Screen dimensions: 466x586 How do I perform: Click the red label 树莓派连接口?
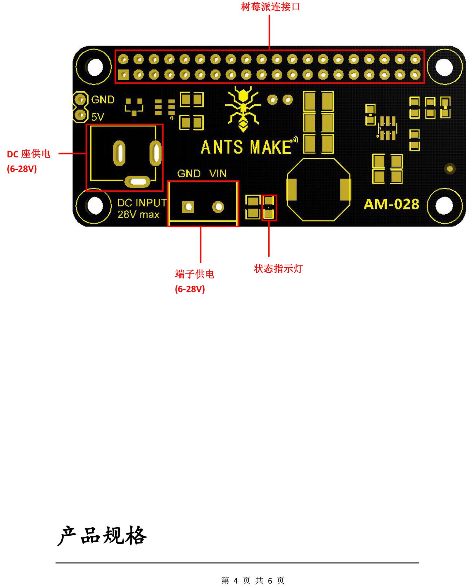coord(270,7)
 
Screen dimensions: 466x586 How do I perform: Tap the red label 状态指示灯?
coord(278,269)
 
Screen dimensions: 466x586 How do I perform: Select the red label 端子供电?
coord(195,274)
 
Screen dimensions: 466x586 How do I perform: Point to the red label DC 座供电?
coord(28,154)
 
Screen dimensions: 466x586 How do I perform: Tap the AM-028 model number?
coord(391,204)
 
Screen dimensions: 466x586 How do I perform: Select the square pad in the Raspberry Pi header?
coord(123,75)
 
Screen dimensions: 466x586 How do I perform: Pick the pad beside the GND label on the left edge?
coord(81,99)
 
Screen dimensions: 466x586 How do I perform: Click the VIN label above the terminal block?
coord(218,174)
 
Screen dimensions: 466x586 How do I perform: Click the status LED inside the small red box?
coord(269,208)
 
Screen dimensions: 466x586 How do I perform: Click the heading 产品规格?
coord(102,536)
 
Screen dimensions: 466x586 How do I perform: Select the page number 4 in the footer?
coord(235,581)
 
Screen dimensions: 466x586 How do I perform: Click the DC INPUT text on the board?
coord(142,203)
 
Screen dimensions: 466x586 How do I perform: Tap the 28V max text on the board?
coord(138,215)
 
